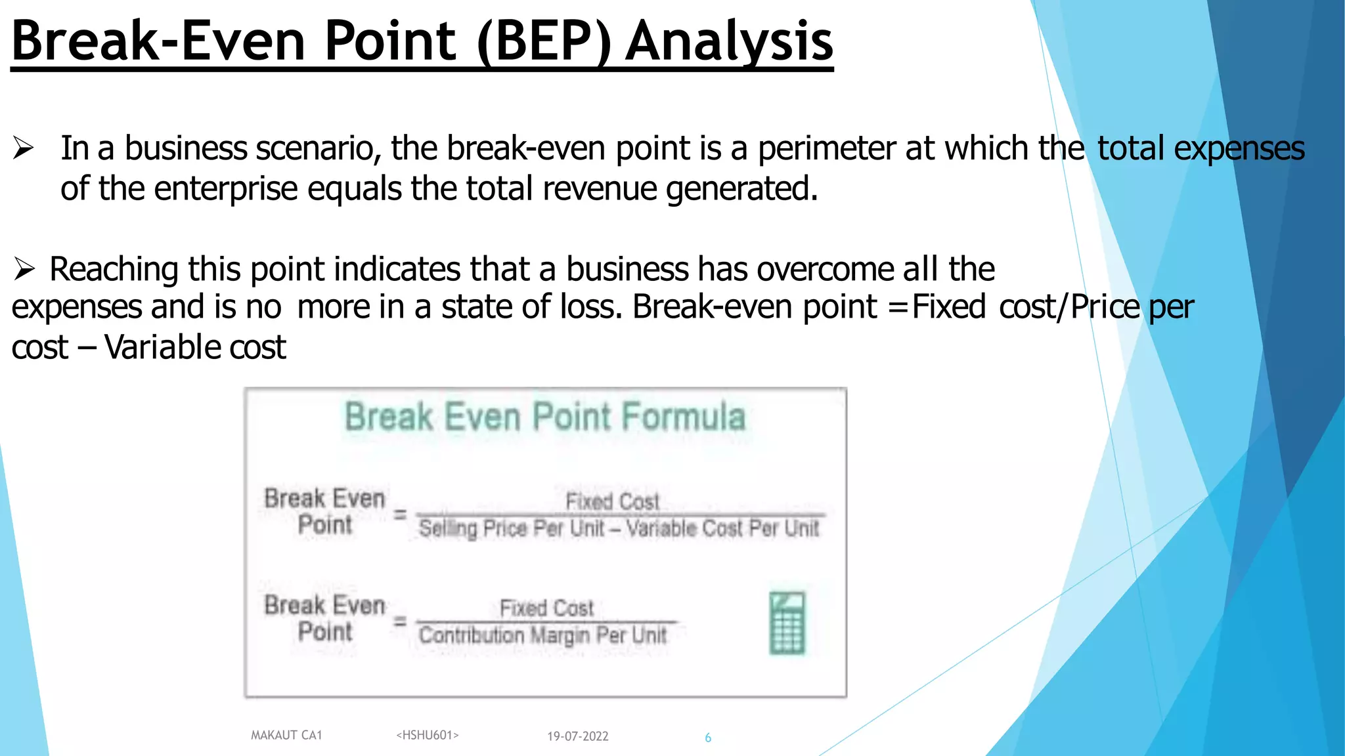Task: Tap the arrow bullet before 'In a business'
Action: coord(24,148)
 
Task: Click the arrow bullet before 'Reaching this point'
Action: coord(24,269)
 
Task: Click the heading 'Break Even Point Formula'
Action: coord(545,417)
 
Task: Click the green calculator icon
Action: coord(787,623)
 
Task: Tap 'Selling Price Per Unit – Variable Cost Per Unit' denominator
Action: coord(619,528)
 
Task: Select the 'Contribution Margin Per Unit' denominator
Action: coord(543,635)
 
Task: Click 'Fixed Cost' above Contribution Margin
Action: coord(546,608)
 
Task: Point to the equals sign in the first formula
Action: coord(400,514)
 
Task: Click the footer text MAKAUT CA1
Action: coord(286,735)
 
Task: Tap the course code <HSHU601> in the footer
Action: coord(428,735)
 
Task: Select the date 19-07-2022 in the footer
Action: coord(578,736)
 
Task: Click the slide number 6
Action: coord(708,738)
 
